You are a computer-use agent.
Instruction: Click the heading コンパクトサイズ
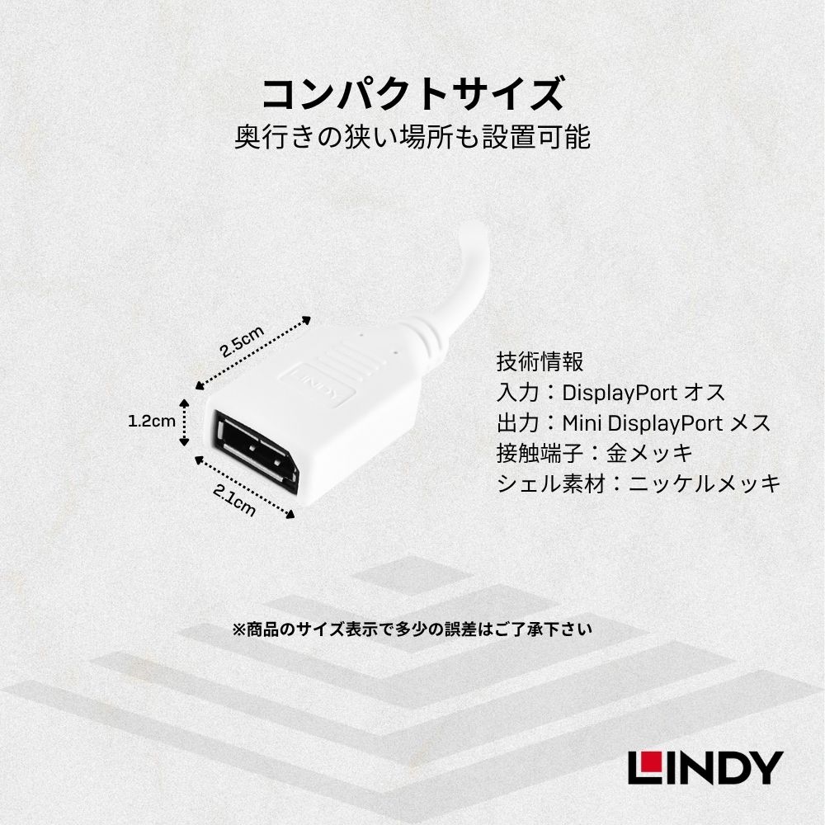click(x=413, y=94)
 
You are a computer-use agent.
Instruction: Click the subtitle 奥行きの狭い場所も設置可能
click(x=413, y=137)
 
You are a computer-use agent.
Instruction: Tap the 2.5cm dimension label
click(x=242, y=342)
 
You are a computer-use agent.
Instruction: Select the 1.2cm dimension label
click(x=152, y=421)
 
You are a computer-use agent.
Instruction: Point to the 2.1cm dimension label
click(x=234, y=500)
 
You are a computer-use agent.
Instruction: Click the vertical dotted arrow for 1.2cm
click(x=184, y=422)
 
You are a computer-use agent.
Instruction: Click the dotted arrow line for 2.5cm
click(x=253, y=353)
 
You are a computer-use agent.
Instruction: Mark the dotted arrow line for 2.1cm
click(x=245, y=488)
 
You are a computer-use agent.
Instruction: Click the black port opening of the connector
click(x=257, y=451)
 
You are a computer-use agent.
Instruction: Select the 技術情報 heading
click(x=540, y=362)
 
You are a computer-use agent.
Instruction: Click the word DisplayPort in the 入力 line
click(x=620, y=393)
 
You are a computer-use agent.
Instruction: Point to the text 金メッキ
click(x=649, y=453)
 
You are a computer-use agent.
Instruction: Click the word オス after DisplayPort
click(x=705, y=393)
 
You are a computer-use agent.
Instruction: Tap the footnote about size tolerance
click(x=412, y=629)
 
